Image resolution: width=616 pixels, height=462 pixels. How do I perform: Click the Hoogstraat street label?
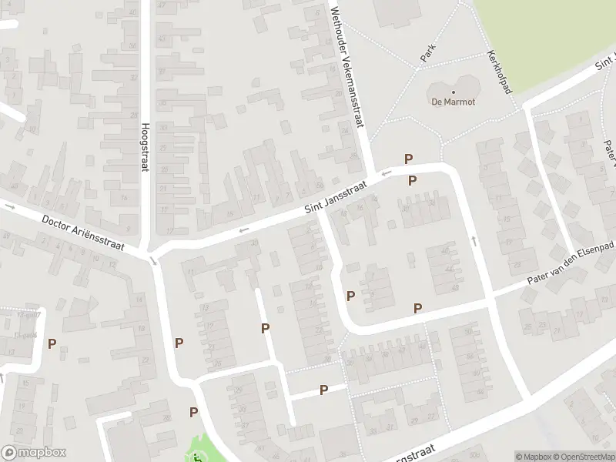pyautogui.click(x=144, y=149)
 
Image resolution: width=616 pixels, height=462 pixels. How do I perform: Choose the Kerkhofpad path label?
pyautogui.click(x=499, y=72)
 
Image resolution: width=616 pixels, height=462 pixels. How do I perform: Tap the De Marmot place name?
pyautogui.click(x=453, y=102)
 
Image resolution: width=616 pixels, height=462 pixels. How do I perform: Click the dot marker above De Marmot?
pyautogui.click(x=453, y=92)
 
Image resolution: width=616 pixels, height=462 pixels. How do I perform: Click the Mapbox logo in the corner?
pyautogui.click(x=33, y=453)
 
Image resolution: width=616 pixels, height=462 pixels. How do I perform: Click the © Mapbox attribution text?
pyautogui.click(x=532, y=457)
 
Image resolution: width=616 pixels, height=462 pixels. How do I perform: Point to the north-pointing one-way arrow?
pyautogui.click(x=473, y=241)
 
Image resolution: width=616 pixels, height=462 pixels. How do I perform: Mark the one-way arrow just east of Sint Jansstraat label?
pyautogui.click(x=386, y=173)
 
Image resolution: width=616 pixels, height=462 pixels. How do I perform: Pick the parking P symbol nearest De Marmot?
pyautogui.click(x=409, y=159)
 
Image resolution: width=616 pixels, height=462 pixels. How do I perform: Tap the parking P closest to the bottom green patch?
pyautogui.click(x=193, y=412)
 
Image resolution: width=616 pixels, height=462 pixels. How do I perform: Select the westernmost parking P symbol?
pyautogui.click(x=52, y=344)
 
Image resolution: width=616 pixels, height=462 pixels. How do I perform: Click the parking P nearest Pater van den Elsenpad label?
pyautogui.click(x=418, y=308)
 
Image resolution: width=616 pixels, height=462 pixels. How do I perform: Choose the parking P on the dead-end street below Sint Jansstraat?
pyautogui.click(x=266, y=329)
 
